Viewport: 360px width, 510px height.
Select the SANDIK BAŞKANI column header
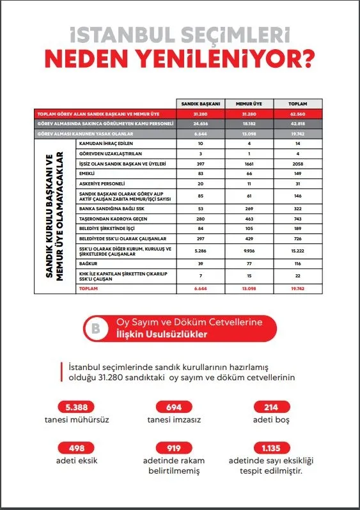(x=201, y=104)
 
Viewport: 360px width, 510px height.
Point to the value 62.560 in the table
(x=297, y=113)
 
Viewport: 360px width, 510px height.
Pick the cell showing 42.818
(x=297, y=123)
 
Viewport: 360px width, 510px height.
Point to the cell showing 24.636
(x=201, y=123)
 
